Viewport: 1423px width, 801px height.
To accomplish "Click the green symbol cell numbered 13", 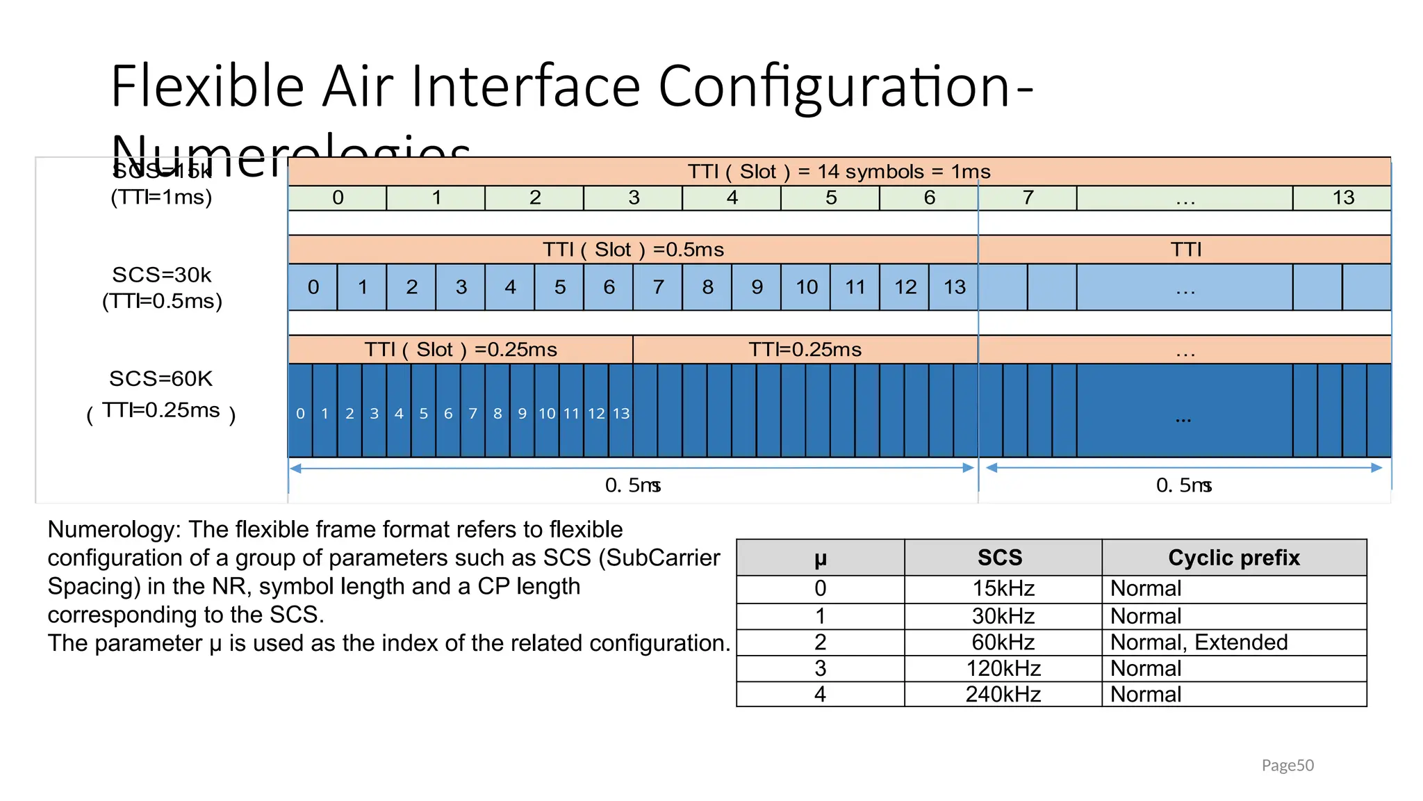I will [1342, 198].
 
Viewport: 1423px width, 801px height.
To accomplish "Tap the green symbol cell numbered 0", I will [338, 198].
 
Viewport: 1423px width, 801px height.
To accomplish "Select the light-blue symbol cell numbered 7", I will [658, 287].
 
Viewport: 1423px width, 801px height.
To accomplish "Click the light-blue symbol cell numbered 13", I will [954, 287].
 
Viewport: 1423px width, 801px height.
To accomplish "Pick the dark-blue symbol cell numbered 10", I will [547, 413].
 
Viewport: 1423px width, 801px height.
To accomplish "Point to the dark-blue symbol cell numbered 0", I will [300, 413].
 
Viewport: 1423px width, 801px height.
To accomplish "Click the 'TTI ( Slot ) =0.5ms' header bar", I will [632, 250].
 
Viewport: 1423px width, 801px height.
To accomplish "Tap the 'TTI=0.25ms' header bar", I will [805, 350].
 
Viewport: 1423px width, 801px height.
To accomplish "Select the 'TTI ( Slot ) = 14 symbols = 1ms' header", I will [839, 171].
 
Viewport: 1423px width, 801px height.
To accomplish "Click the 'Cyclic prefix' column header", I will [1233, 558].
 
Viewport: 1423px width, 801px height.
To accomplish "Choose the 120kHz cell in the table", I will [1003, 668].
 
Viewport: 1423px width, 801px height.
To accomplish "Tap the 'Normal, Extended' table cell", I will [1199, 642].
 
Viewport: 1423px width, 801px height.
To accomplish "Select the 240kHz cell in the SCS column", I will [1003, 694].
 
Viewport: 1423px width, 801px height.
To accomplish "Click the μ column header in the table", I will [820, 558].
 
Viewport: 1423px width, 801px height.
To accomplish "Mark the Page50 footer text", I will [1287, 766].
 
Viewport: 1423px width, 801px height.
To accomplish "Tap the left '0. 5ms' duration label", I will [632, 485].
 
